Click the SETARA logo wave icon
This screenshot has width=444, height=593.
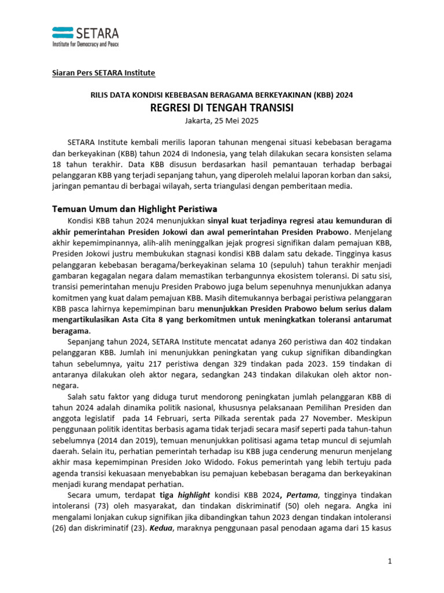(x=63, y=32)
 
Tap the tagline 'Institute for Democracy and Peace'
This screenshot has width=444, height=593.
(x=85, y=45)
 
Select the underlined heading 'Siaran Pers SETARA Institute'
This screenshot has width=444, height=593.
(x=101, y=73)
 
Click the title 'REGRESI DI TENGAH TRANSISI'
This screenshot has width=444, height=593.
(x=221, y=108)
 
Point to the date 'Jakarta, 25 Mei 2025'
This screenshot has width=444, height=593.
(x=221, y=121)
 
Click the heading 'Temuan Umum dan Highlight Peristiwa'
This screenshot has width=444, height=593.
(x=134, y=208)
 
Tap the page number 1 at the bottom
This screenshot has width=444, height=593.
(x=390, y=561)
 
